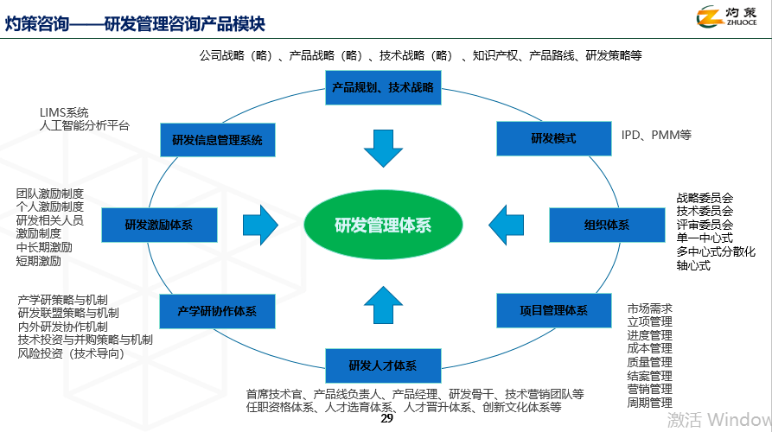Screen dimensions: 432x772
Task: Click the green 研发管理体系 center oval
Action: point(383,226)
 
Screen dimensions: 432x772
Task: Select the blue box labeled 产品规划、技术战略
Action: point(382,87)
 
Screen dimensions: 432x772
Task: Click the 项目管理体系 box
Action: point(553,310)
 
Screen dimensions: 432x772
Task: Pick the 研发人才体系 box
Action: point(382,365)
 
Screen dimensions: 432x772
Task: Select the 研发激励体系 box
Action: point(158,225)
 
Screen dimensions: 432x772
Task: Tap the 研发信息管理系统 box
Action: point(217,139)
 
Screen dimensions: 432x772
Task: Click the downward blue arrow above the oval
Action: point(383,148)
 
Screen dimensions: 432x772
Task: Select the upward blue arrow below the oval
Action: point(383,304)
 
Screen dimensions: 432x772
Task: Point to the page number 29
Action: point(386,419)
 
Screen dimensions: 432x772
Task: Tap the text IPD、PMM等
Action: point(656,135)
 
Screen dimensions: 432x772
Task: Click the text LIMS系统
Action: point(64,112)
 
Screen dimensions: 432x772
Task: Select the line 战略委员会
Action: point(705,198)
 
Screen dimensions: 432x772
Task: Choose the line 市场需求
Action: point(649,308)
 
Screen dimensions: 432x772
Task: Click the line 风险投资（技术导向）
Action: point(71,353)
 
